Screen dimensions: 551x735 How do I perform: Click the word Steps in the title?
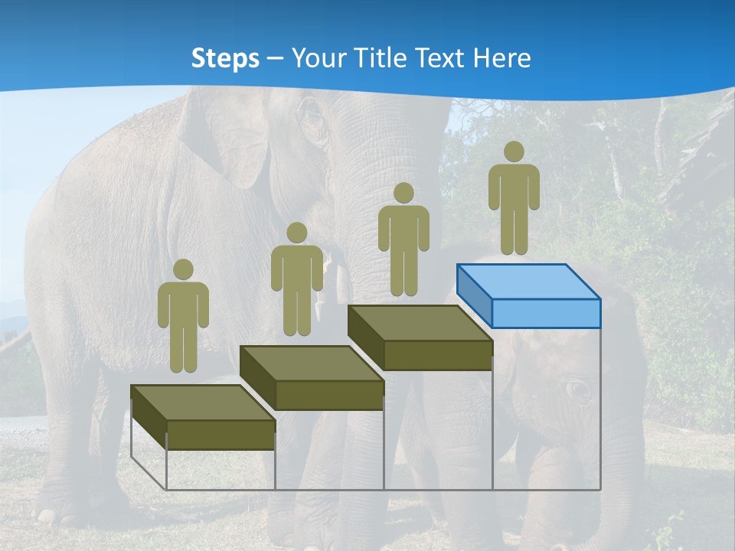[225, 58]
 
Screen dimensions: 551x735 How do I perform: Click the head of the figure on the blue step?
[514, 152]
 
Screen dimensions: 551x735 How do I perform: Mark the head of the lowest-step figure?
[183, 269]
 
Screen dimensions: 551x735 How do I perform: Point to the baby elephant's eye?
[577, 390]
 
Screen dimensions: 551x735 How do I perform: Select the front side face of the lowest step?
[220, 435]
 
